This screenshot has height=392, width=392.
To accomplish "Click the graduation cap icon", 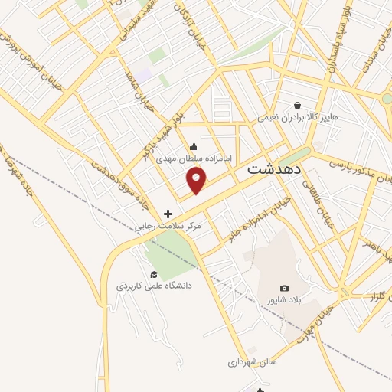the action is [x=154, y=274].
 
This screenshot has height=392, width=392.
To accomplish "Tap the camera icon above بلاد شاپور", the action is [x=285, y=288].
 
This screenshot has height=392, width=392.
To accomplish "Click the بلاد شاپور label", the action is [x=284, y=299].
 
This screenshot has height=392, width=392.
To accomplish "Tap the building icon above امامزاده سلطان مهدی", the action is [x=194, y=147].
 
